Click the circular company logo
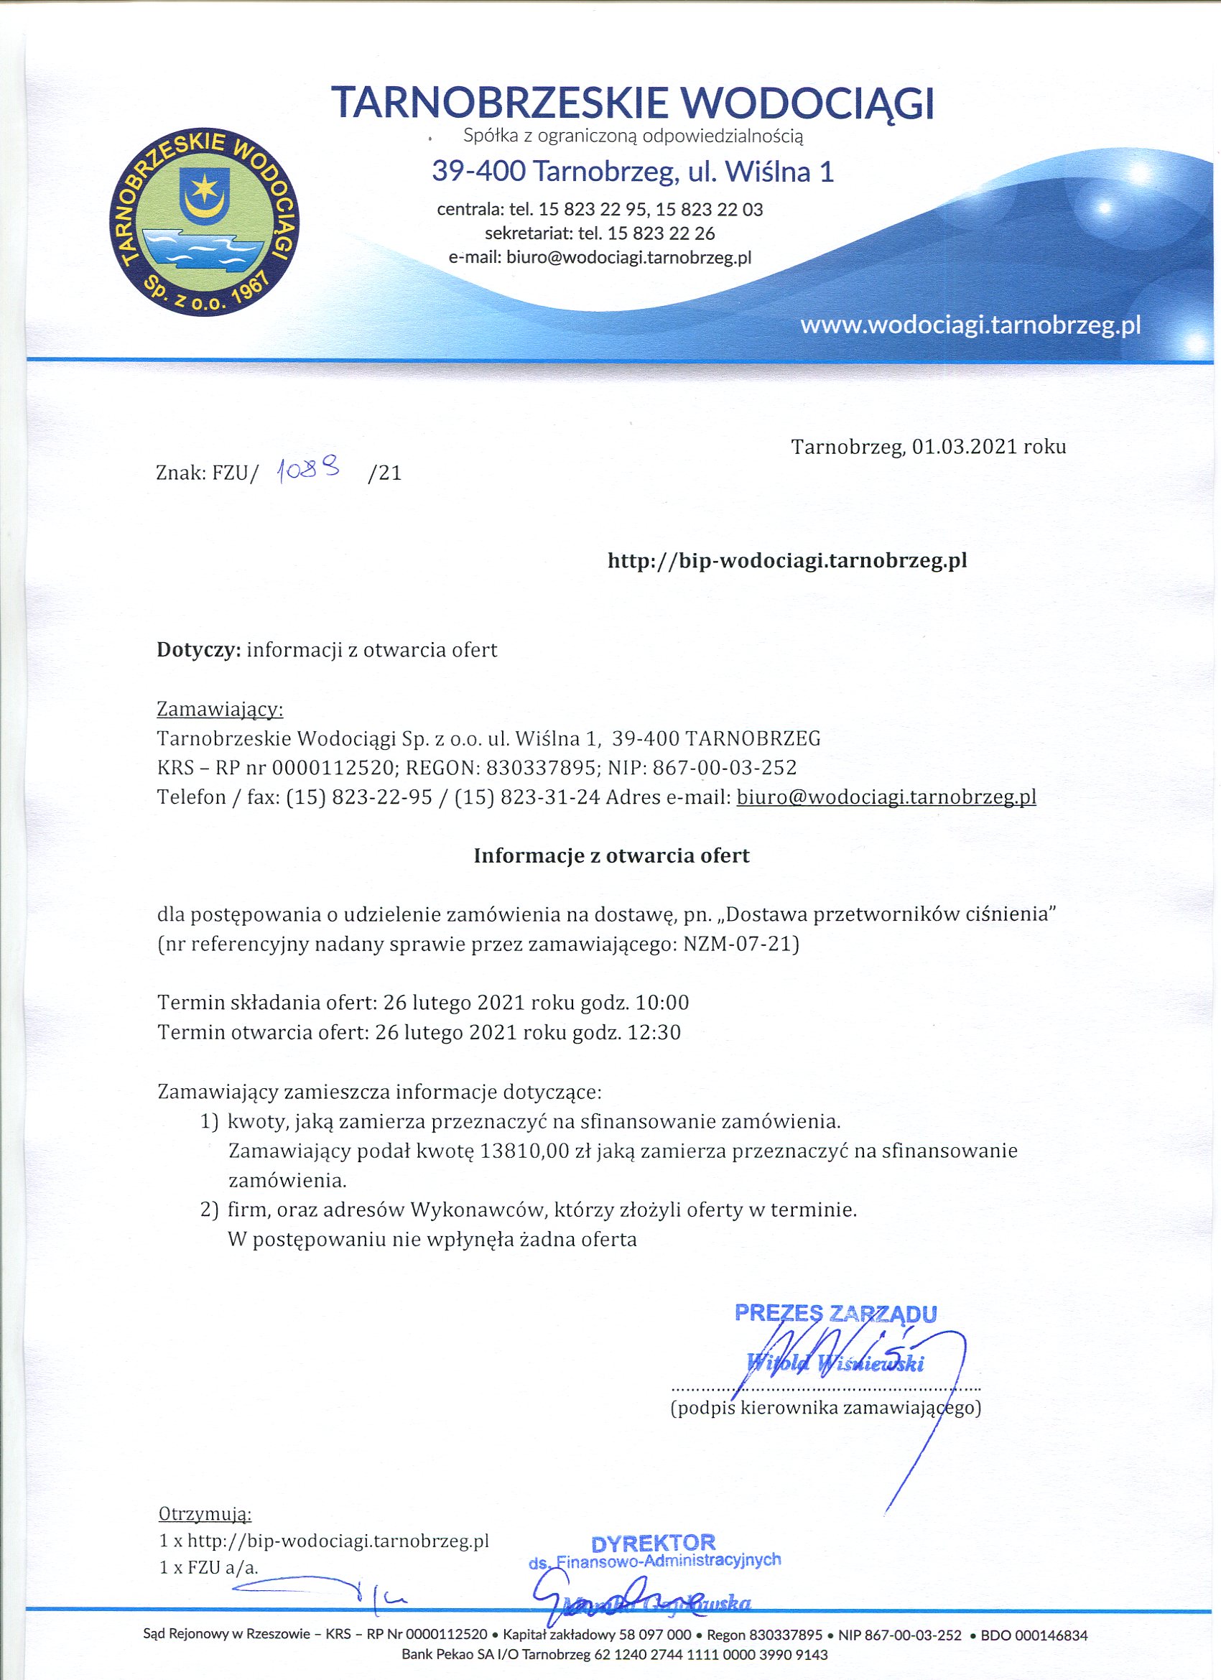click(204, 224)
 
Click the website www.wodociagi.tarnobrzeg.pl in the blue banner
click(970, 325)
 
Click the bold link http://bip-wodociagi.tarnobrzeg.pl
click(787, 561)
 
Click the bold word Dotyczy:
click(199, 649)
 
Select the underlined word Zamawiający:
click(220, 710)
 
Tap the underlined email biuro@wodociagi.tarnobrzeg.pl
click(886, 797)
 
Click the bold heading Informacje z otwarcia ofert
click(611, 856)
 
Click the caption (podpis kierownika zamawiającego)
click(825, 1406)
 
